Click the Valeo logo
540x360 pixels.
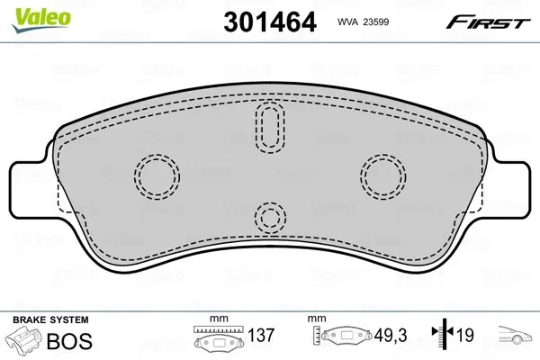tap(41, 19)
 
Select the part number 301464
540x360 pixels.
tap(270, 22)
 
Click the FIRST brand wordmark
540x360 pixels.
tap(488, 22)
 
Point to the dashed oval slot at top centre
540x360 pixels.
tap(270, 128)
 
